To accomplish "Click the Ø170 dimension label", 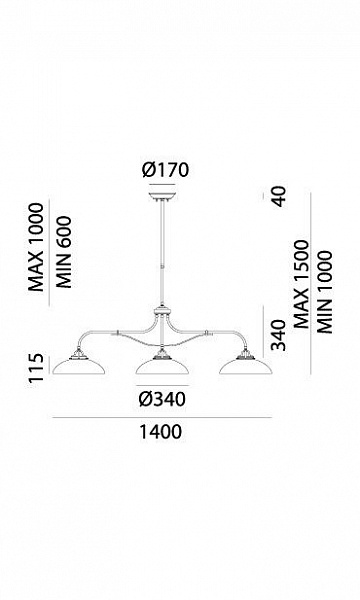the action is coord(166,170).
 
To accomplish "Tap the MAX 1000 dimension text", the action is coord(37,247).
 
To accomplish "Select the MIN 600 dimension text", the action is coord(64,252).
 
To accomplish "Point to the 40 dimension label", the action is coord(279,196).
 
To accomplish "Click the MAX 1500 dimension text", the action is coord(301,284).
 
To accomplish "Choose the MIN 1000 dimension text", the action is coord(324,292).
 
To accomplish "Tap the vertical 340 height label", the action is coord(279,335).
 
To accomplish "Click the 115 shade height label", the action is coord(37,367).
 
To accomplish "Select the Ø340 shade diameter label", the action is coord(162,399).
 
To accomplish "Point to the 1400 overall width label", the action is coord(160,432).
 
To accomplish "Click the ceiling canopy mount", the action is coord(163,197).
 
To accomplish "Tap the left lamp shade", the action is coord(79,366).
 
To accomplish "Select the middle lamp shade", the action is coord(162,366).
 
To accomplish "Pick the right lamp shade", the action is coord(246,366).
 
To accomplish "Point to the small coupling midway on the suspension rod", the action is coord(163,266).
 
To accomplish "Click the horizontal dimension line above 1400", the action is coord(162,417).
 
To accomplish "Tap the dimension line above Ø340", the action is coord(162,385).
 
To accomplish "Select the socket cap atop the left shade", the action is coord(78,354).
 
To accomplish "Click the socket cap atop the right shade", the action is coord(245,354).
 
